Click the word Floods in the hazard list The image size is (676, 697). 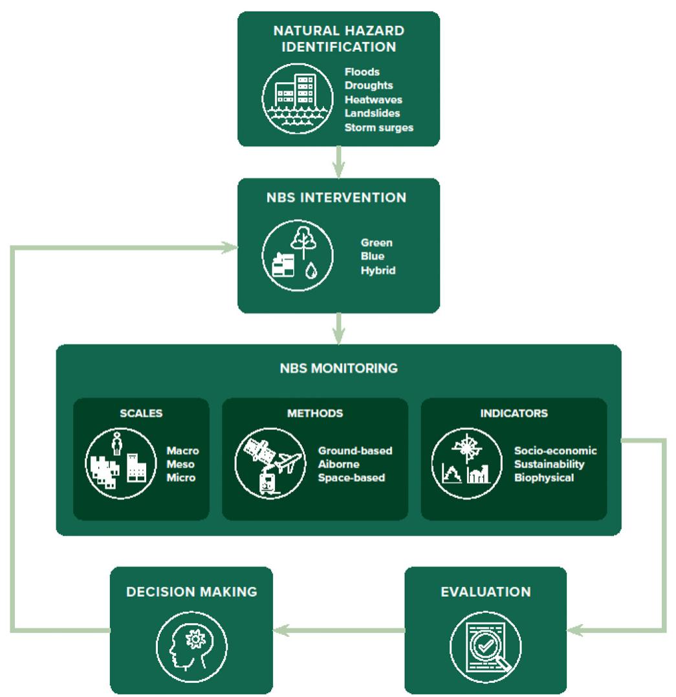(362, 72)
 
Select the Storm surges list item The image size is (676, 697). (378, 127)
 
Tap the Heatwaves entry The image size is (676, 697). (373, 100)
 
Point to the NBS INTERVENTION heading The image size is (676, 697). (336, 197)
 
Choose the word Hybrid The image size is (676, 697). (378, 270)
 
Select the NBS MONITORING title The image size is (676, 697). (339, 369)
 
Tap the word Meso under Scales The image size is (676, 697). (180, 464)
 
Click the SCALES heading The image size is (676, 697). (141, 413)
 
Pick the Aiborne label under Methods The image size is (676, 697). (339, 464)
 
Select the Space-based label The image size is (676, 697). (351, 478)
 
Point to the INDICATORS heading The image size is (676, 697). (514, 413)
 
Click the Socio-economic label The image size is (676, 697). (555, 450)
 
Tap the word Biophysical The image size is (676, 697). (544, 478)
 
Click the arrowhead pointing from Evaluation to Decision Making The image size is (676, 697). (282, 629)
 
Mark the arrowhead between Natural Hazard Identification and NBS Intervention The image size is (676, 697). (338, 171)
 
